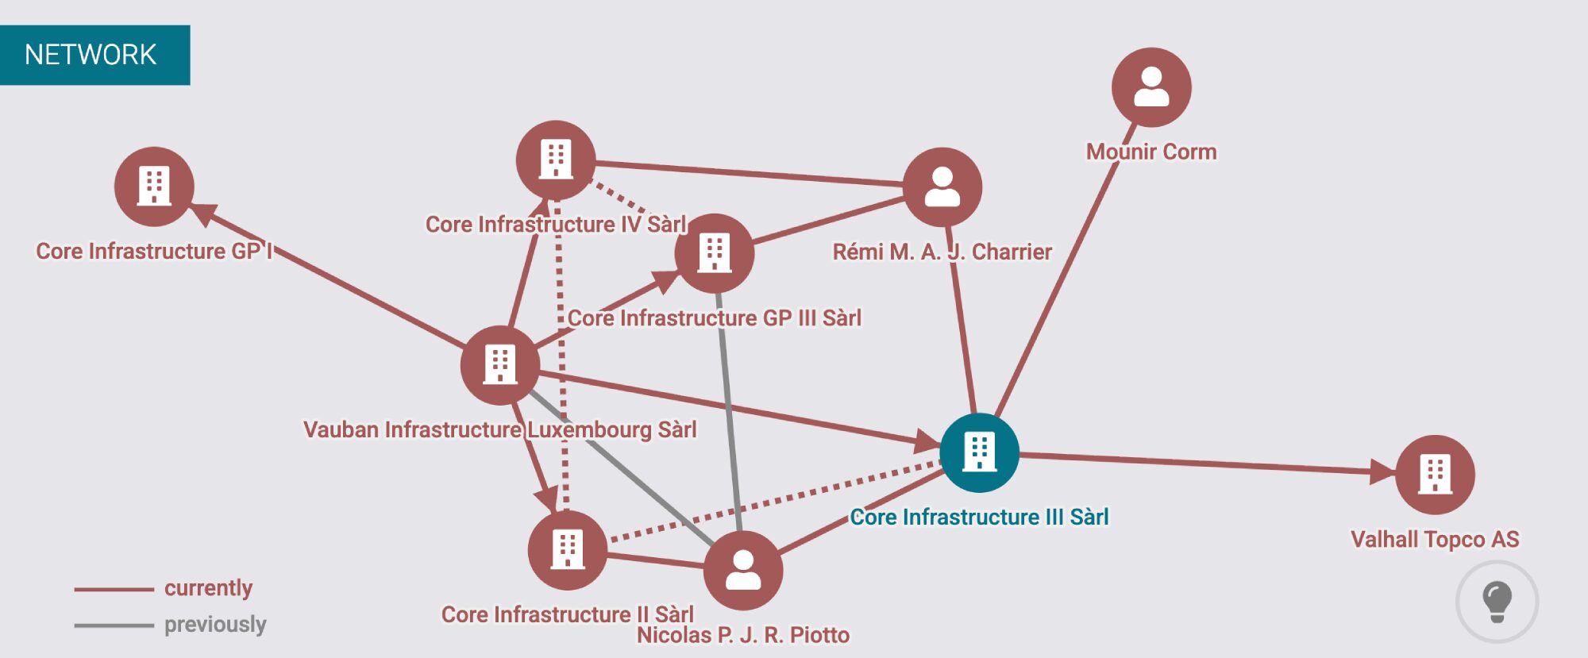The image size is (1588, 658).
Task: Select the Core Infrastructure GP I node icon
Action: coord(154,187)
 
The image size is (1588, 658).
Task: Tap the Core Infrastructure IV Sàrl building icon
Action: coord(555,160)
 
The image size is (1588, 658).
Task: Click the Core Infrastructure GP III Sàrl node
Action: coord(714,253)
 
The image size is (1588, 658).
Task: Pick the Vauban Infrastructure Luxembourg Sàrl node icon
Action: coord(500,365)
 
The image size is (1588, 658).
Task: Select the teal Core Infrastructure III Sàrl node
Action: coord(979,452)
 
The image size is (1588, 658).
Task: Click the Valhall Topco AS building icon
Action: coord(1435,475)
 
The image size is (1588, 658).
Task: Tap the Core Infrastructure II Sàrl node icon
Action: coord(567,550)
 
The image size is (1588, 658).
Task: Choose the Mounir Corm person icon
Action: coord(1151,87)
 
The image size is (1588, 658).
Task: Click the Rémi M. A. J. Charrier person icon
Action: coord(942,187)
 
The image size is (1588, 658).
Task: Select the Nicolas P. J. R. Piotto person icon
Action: coord(743,570)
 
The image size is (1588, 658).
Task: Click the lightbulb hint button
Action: coord(1497,602)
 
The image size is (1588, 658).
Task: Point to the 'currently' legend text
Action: coord(208,588)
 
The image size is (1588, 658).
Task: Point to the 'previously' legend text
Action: coord(215,625)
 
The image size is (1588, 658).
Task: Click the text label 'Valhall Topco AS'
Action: coord(1435,540)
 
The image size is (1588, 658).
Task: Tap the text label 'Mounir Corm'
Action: coord(1151,152)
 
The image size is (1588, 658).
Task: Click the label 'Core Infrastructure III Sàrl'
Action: coord(979,518)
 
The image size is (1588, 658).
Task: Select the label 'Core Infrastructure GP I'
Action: coord(154,252)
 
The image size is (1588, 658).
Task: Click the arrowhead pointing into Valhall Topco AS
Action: coord(1382,471)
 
